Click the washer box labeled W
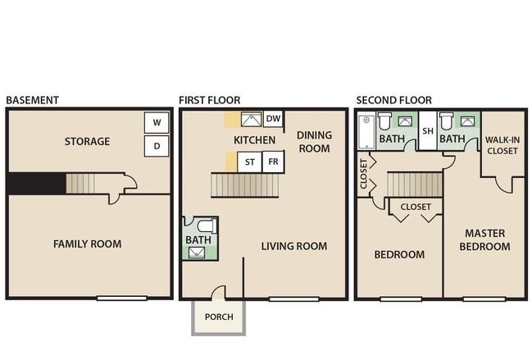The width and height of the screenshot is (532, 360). click(x=157, y=122)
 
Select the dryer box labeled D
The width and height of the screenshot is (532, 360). click(x=157, y=146)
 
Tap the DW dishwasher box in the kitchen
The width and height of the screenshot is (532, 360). click(x=273, y=118)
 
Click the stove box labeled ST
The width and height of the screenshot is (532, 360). click(x=250, y=162)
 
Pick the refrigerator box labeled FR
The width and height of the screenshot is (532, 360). click(x=273, y=162)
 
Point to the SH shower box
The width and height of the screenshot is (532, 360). click(x=428, y=130)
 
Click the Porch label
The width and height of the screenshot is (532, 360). click(x=219, y=317)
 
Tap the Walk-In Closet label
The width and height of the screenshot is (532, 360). click(x=502, y=145)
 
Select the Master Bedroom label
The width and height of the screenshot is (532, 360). click(x=484, y=240)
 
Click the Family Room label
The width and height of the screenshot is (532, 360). click(x=87, y=244)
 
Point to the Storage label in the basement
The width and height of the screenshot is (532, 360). click(x=87, y=141)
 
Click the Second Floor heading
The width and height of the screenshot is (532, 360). click(x=394, y=100)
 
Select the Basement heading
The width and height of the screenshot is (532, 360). click(x=33, y=100)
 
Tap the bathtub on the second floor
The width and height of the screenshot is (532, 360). click(x=366, y=132)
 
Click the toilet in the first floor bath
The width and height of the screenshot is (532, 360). click(x=207, y=226)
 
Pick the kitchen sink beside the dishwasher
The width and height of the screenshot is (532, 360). click(x=251, y=120)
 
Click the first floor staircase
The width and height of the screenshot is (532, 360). click(x=245, y=185)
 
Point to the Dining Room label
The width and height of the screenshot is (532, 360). click(x=314, y=142)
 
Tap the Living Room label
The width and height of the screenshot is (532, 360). click(x=294, y=246)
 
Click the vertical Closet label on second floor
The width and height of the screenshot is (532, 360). click(x=363, y=174)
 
